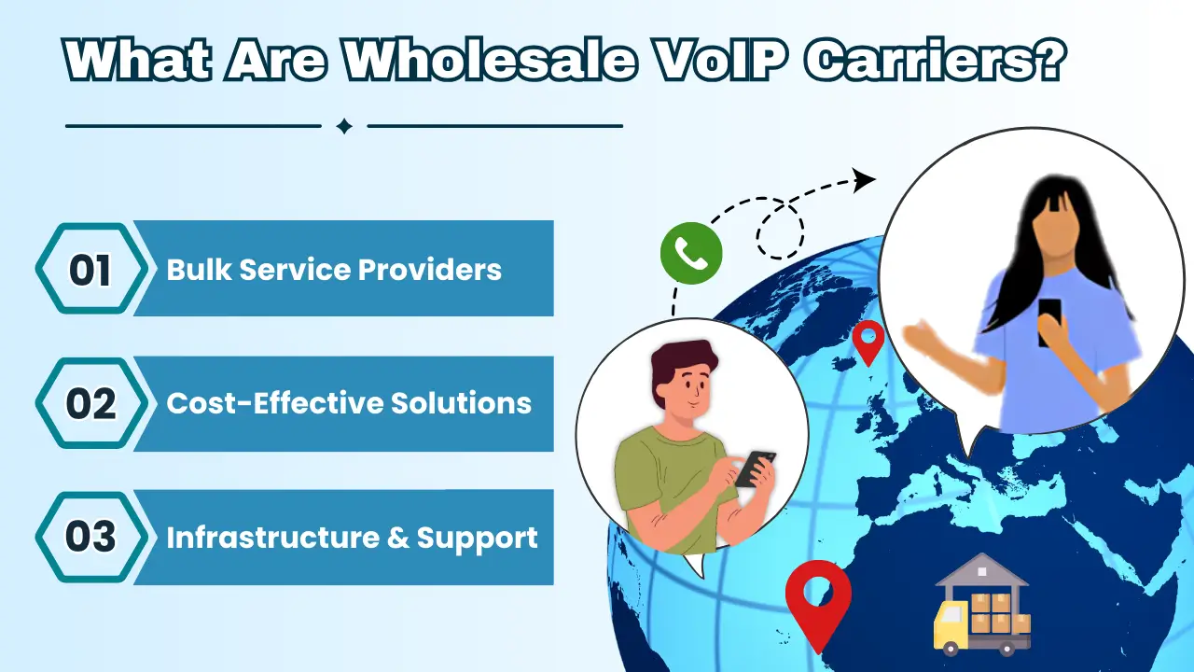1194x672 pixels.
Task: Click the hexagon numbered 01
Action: (x=91, y=268)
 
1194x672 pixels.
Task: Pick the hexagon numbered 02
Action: (x=91, y=403)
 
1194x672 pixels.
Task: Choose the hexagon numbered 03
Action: (x=91, y=537)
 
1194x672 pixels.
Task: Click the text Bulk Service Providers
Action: (x=334, y=270)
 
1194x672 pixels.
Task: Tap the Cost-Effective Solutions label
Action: (x=349, y=403)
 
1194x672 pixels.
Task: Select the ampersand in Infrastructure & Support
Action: (x=398, y=537)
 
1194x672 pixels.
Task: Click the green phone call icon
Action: (x=691, y=253)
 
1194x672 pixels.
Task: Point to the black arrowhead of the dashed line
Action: (x=864, y=180)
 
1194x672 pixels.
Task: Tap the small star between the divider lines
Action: (x=344, y=126)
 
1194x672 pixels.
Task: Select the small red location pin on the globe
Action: (x=868, y=343)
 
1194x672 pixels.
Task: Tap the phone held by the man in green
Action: (x=755, y=469)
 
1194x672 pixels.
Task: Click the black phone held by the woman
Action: (x=1049, y=322)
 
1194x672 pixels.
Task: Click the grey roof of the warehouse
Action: (x=981, y=569)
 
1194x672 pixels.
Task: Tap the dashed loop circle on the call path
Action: (x=781, y=230)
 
